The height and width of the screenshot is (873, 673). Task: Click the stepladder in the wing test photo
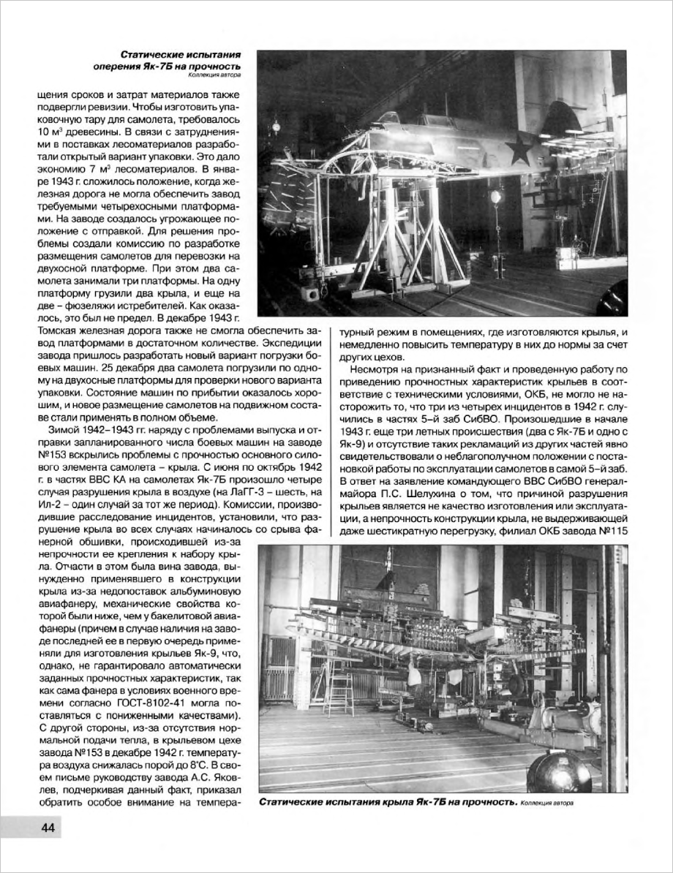click(339, 688)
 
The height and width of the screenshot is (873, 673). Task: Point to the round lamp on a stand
click(496, 196)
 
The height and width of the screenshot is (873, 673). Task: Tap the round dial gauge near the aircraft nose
click(277, 126)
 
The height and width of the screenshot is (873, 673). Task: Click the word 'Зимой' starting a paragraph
click(64, 427)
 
